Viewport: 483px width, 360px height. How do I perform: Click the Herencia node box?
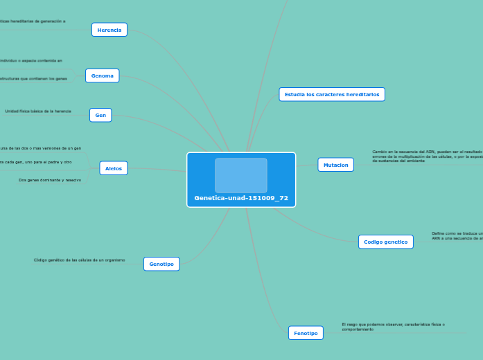pyautogui.click(x=109, y=30)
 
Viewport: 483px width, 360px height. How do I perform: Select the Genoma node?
pyautogui.click(x=103, y=75)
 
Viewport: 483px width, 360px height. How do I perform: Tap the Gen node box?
pyautogui.click(x=100, y=115)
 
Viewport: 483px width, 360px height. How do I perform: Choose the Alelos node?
pyautogui.click(x=114, y=168)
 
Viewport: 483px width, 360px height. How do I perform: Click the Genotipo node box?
pyautogui.click(x=161, y=264)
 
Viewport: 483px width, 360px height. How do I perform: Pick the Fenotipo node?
pyautogui.click(x=306, y=333)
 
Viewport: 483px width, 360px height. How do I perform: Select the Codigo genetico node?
pyautogui.click(x=386, y=242)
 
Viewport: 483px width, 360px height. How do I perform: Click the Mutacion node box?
pyautogui.click(x=336, y=165)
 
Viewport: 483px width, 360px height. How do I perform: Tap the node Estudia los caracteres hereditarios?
pyautogui.click(x=332, y=94)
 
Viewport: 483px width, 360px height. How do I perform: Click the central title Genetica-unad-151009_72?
pyautogui.click(x=241, y=198)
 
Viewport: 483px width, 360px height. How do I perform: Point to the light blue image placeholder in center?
pyautogui.click(x=241, y=175)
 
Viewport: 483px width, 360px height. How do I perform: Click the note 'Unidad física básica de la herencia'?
pyautogui.click(x=38, y=111)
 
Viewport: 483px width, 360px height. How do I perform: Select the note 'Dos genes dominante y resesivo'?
pyautogui.click(x=50, y=180)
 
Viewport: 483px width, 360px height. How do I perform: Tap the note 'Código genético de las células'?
pyautogui.click(x=80, y=260)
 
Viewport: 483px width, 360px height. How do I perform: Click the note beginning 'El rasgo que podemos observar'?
pyautogui.click(x=393, y=327)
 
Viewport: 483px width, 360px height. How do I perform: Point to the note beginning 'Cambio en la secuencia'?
pyautogui.click(x=425, y=156)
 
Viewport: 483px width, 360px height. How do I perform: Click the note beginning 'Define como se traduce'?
pyautogui.click(x=456, y=236)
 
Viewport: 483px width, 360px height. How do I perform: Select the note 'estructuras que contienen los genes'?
pyautogui.click(x=37, y=79)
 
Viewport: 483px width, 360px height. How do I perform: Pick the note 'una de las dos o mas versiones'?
pyautogui.click(x=40, y=148)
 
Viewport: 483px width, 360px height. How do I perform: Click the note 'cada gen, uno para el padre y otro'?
pyautogui.click(x=35, y=162)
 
